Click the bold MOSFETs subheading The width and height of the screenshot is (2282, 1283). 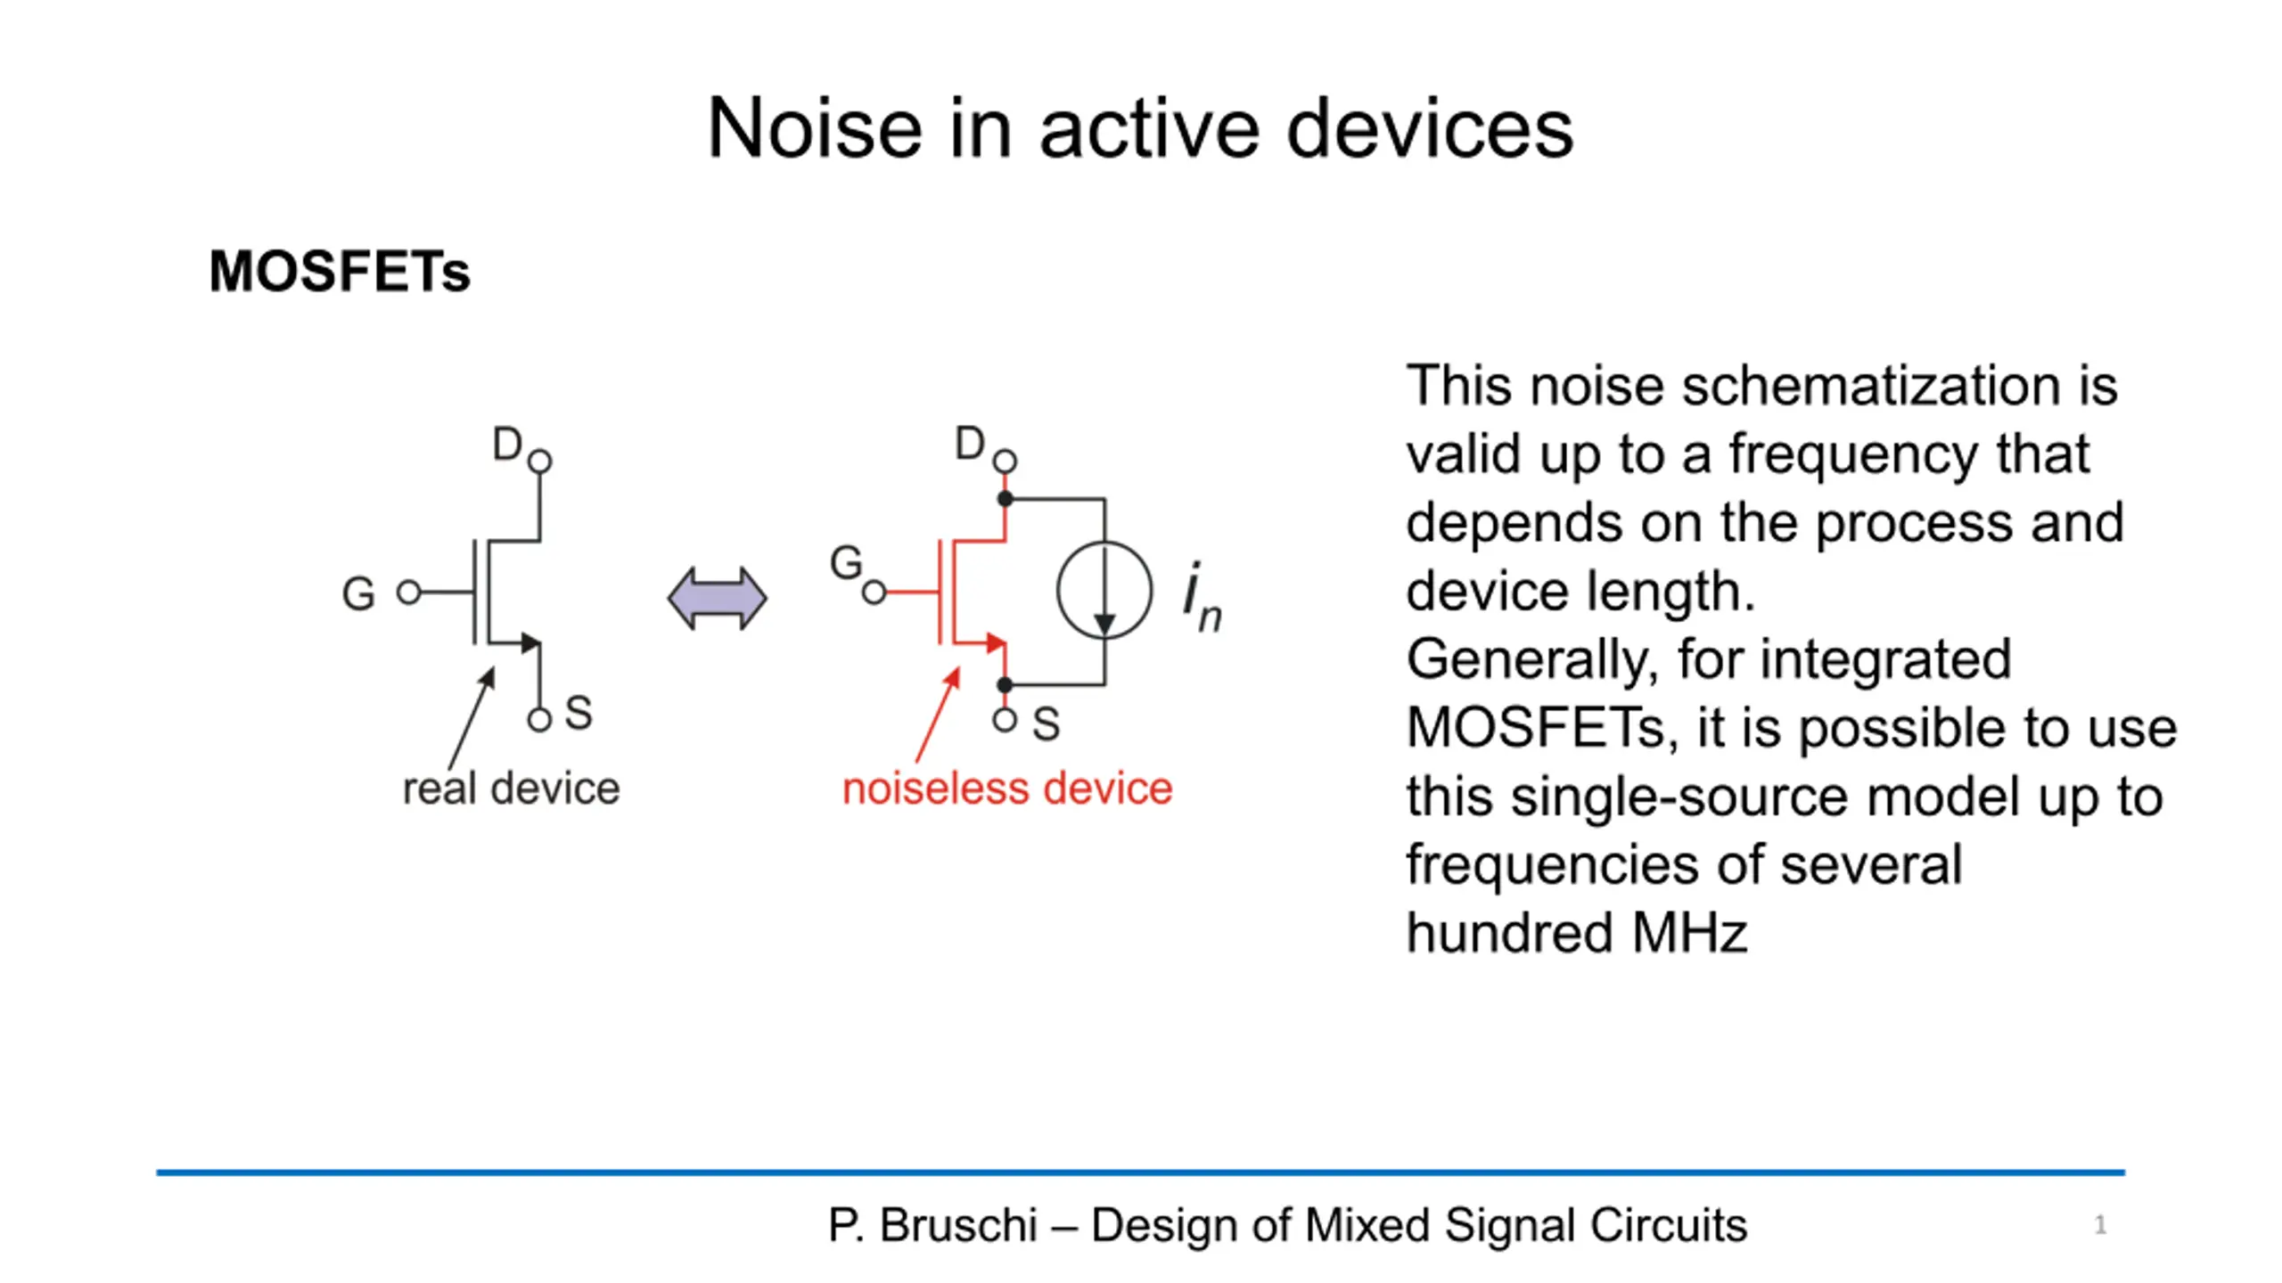pos(339,271)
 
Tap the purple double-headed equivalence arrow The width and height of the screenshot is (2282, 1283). pos(717,599)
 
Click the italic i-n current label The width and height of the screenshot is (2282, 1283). pos(1203,597)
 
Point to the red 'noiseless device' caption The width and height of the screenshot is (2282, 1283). pos(1007,789)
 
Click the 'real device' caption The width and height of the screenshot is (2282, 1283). pos(511,789)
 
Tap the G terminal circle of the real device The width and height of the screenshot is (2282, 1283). pos(409,592)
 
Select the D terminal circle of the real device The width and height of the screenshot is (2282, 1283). pos(539,461)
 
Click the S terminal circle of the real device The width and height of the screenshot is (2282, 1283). pos(539,719)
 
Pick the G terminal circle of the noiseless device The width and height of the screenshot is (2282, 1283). pos(874,592)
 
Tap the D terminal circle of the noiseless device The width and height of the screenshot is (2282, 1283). pos(1005,461)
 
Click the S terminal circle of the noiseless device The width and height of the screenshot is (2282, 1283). pos(1005,719)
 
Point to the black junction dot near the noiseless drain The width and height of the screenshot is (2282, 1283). pos(1005,499)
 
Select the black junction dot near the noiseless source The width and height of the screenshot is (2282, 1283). pos(1005,684)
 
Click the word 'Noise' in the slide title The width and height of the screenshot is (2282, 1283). pos(814,129)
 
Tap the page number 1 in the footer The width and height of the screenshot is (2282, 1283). pos(2100,1225)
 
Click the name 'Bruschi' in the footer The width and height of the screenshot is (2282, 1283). pos(958,1225)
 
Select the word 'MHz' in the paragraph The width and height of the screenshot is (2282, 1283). pos(1689,933)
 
